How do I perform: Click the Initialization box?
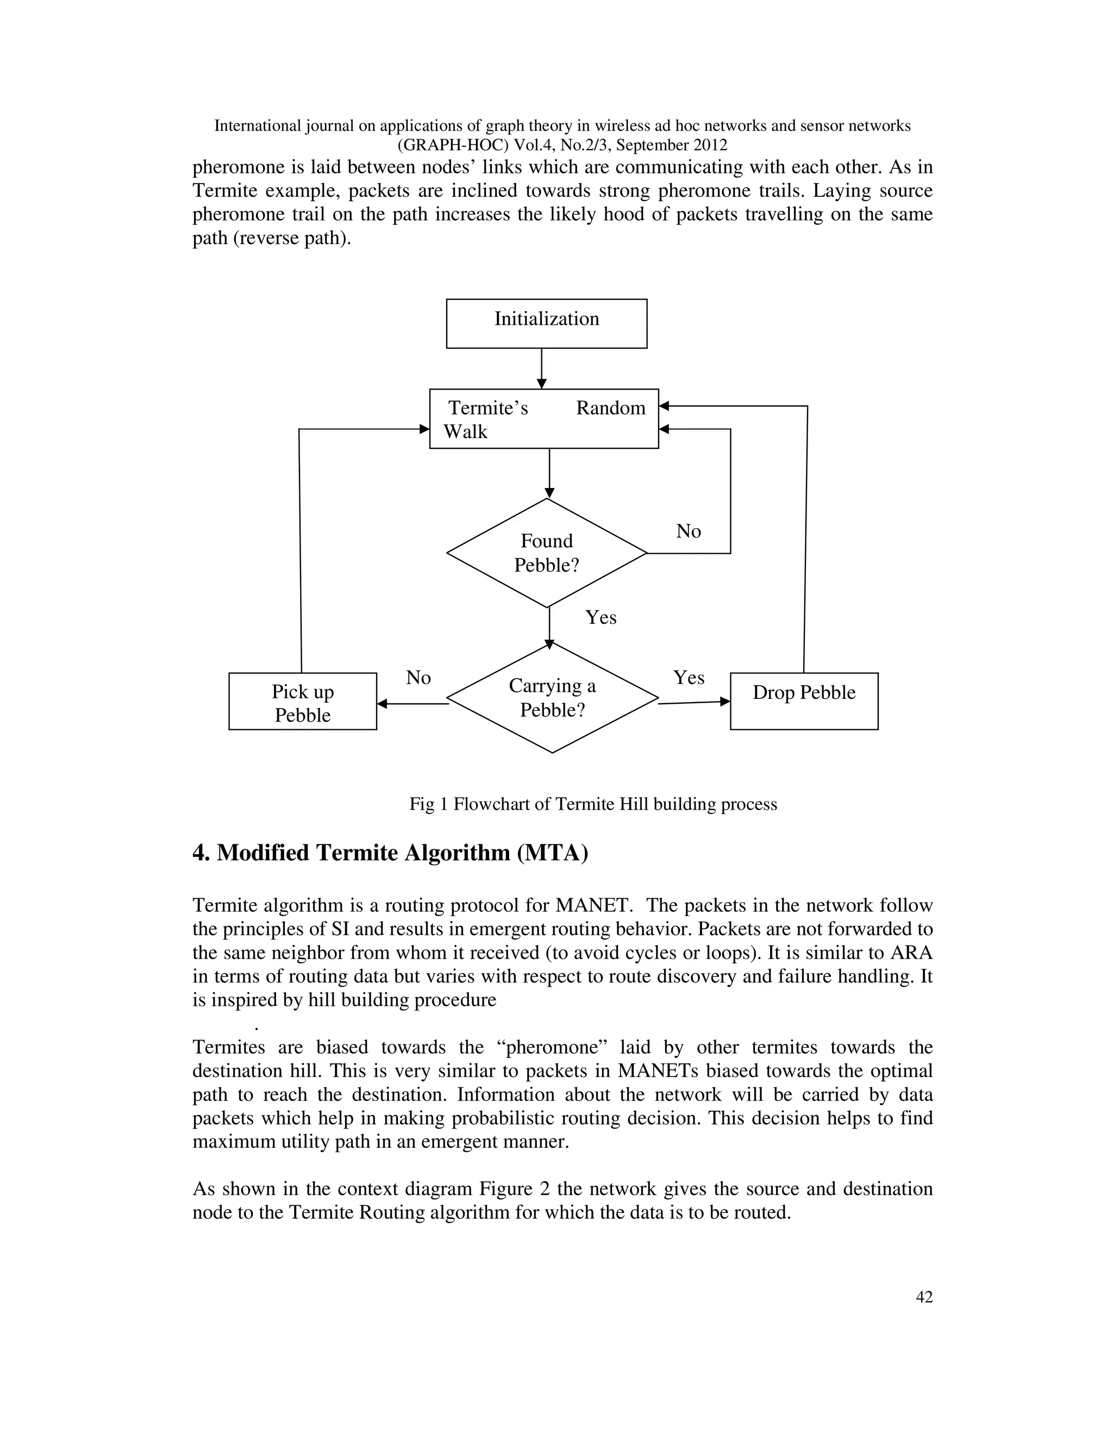tap(546, 323)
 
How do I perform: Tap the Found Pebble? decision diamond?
tap(547, 553)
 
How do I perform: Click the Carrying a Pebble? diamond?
tap(552, 698)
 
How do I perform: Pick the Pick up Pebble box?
tap(303, 702)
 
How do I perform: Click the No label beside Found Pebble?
tap(689, 531)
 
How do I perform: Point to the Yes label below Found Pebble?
tap(601, 617)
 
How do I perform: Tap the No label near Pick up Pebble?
tap(418, 677)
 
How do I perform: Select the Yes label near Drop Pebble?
tap(689, 677)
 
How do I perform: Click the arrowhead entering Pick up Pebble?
tap(382, 704)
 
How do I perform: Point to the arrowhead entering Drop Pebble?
tap(726, 702)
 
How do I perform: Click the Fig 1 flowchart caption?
tap(593, 804)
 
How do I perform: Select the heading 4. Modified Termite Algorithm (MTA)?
tap(390, 853)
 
